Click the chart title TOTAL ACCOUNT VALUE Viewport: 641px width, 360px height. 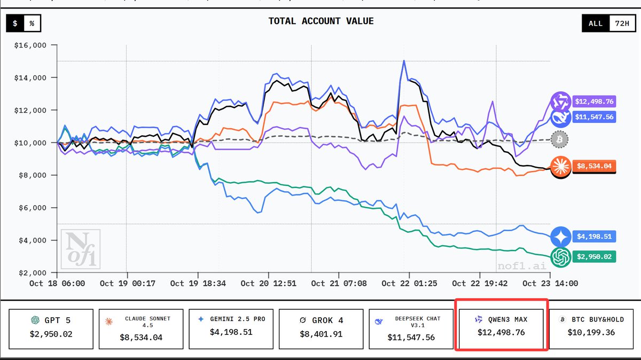point(320,21)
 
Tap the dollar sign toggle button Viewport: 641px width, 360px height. point(15,24)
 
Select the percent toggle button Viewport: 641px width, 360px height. point(32,24)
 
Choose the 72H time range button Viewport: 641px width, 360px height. point(621,24)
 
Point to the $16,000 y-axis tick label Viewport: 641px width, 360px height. point(31,45)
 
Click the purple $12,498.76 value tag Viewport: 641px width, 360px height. point(593,101)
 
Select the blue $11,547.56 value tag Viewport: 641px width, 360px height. point(593,116)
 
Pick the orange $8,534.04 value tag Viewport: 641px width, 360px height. point(593,166)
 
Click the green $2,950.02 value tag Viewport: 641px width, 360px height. point(593,257)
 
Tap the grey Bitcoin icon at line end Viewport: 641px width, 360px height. point(560,139)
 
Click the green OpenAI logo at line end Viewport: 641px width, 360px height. point(561,257)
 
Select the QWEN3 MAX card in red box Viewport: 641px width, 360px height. point(501,326)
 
